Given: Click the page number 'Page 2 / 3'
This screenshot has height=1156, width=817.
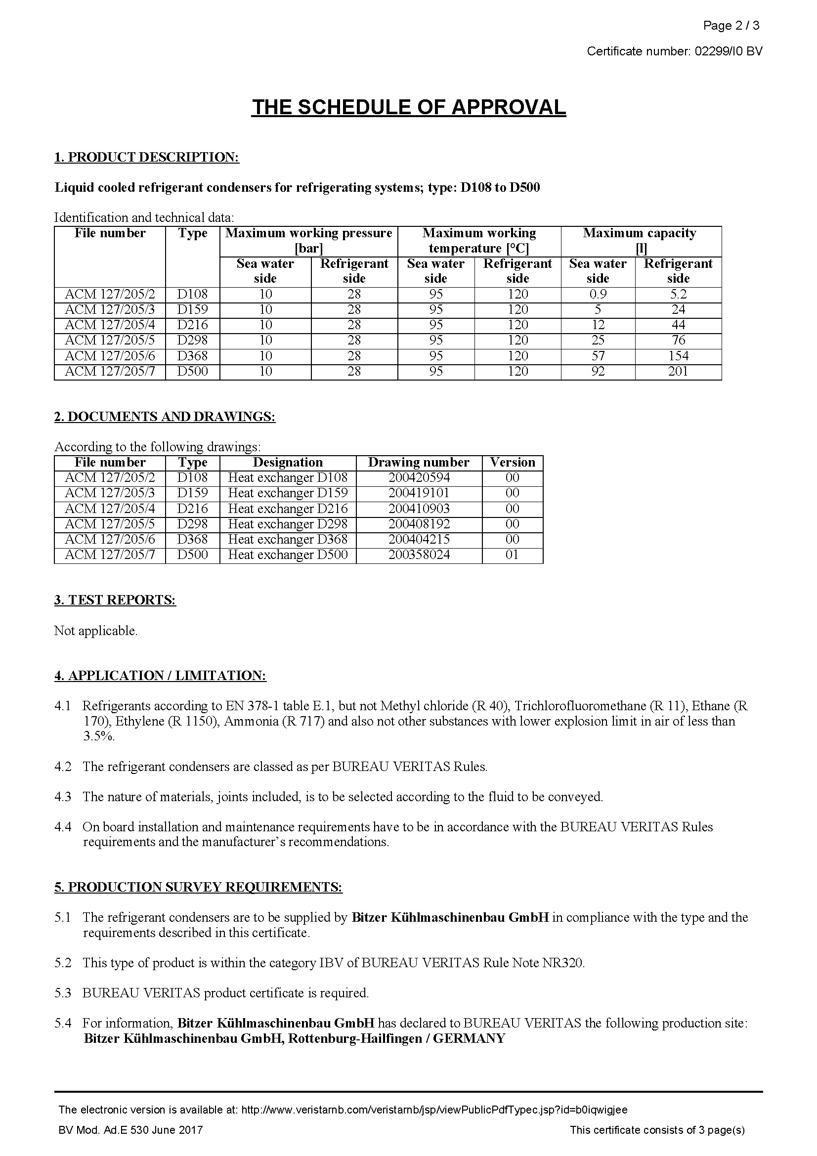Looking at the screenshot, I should tap(731, 25).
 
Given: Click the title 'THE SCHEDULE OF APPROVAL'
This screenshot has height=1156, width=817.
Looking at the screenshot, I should tap(408, 107).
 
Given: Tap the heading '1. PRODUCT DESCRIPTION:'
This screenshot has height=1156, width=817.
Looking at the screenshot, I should tap(146, 157).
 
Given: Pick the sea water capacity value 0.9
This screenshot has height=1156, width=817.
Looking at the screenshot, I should tap(598, 294).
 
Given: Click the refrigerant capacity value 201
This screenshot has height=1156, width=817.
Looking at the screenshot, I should tap(678, 372).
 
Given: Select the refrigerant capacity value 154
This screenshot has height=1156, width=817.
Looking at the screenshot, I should tap(678, 356).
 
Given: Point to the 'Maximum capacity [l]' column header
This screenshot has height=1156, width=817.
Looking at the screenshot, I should tap(641, 240).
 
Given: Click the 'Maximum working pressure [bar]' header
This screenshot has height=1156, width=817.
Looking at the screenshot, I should tap(308, 240).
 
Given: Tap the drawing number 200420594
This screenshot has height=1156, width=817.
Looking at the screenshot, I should tap(419, 477).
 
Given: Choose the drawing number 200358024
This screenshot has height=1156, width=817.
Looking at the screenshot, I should tap(419, 555).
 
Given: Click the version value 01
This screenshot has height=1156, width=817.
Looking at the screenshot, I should tap(512, 555).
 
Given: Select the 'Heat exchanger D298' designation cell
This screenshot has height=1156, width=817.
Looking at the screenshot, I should tap(288, 524).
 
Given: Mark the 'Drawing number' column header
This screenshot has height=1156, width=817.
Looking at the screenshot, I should tap(419, 462).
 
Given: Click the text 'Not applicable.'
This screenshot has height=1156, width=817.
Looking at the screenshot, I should tap(96, 630).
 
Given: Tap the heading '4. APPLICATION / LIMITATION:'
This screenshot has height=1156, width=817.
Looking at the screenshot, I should tap(160, 676).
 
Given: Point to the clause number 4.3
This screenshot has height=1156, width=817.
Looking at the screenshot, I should tap(63, 797).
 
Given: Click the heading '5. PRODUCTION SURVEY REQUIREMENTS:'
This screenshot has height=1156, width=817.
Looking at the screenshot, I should tap(198, 887).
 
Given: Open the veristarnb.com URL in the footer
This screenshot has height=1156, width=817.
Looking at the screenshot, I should tap(434, 1110).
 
